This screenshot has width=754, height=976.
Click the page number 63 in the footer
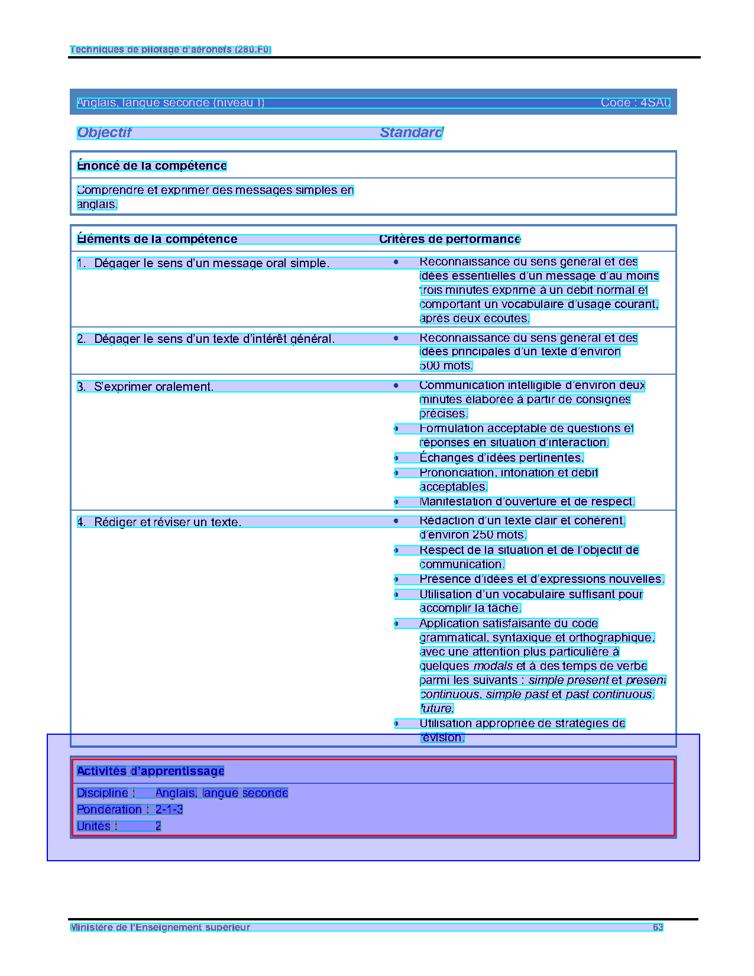pyautogui.click(x=658, y=927)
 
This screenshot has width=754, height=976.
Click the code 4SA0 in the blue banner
pyautogui.click(x=655, y=103)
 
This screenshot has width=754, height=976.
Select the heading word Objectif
pyautogui.click(x=104, y=132)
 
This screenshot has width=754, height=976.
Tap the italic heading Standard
pyautogui.click(x=411, y=132)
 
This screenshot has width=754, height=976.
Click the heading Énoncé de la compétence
pyautogui.click(x=151, y=166)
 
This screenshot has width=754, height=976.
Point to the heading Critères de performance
pyautogui.click(x=449, y=239)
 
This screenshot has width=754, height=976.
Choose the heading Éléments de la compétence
pyautogui.click(x=157, y=239)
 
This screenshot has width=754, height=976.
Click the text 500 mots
pyautogui.click(x=446, y=366)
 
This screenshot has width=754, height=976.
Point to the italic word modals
pyautogui.click(x=493, y=666)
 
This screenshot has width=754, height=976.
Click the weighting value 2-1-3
pyautogui.click(x=169, y=809)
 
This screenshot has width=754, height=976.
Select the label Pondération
pyautogui.click(x=109, y=809)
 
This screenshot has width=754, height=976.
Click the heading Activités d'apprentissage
pyautogui.click(x=150, y=771)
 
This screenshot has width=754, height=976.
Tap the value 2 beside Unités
pyautogui.click(x=158, y=826)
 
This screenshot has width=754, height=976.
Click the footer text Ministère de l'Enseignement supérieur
pyautogui.click(x=160, y=927)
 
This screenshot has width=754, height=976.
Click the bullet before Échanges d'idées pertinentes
pyautogui.click(x=396, y=458)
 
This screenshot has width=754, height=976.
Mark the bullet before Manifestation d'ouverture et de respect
pyautogui.click(x=396, y=502)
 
